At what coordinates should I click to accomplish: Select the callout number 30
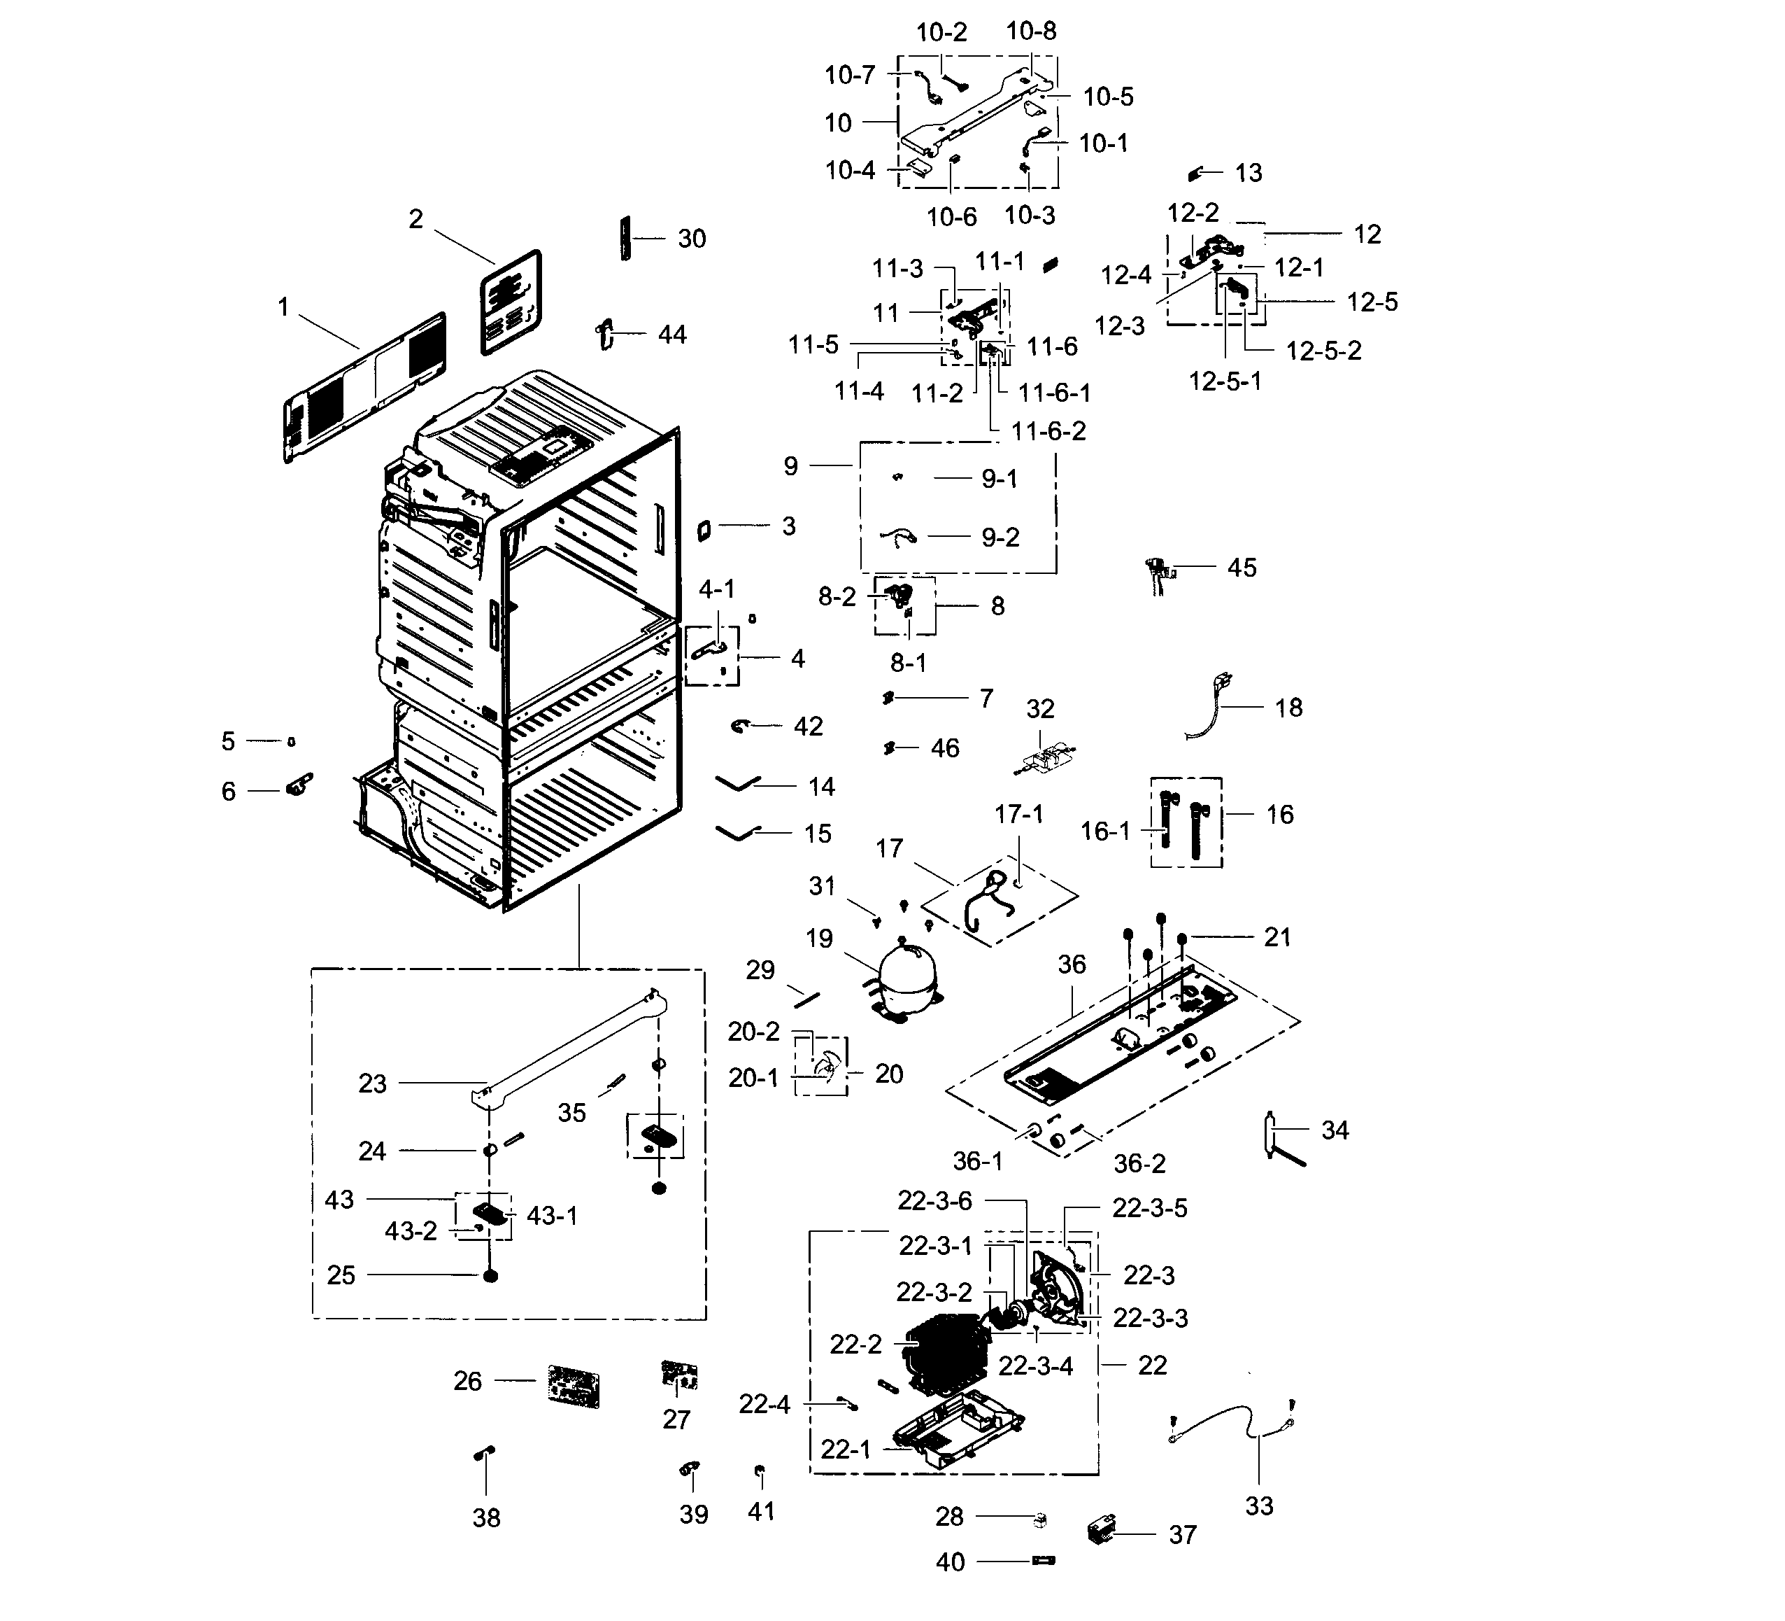[x=692, y=239]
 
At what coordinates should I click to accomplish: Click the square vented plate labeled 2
[x=510, y=302]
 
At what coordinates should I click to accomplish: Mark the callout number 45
[x=1242, y=568]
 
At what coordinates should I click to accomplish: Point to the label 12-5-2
[x=1323, y=351]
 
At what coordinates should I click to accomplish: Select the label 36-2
[x=1139, y=1163]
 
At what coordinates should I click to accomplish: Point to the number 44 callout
[x=672, y=335]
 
